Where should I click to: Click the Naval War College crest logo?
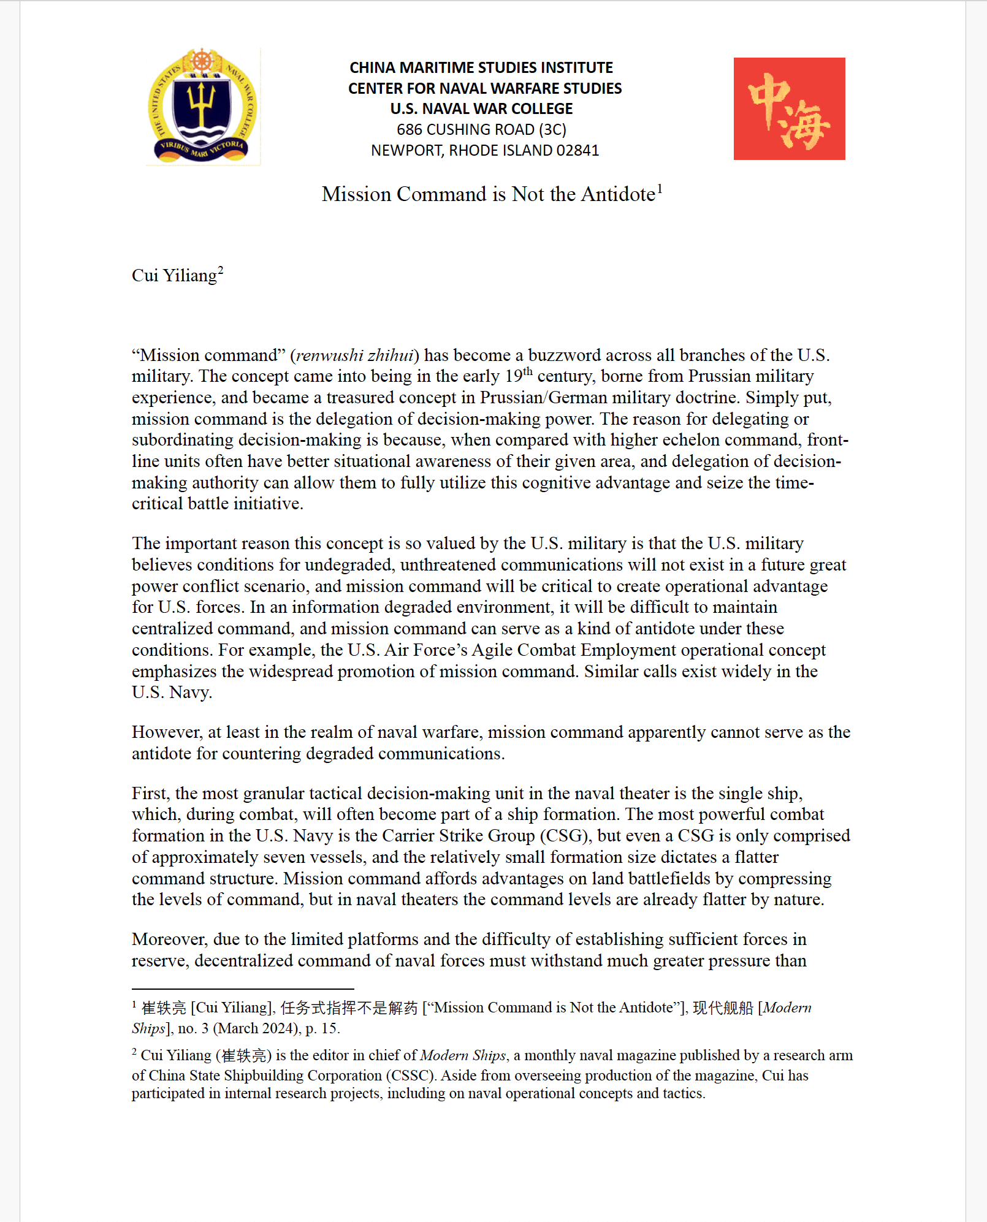point(202,106)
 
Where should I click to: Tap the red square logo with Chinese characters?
point(789,108)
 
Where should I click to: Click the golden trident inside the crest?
point(202,102)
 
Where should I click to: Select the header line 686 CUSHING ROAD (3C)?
point(481,129)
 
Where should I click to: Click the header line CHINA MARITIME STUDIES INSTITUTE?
point(481,67)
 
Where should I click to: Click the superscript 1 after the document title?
point(660,189)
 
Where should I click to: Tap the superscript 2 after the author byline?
point(221,270)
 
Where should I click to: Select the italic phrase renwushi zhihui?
point(355,355)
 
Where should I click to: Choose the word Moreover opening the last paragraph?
point(170,939)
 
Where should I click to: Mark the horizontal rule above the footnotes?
point(243,989)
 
